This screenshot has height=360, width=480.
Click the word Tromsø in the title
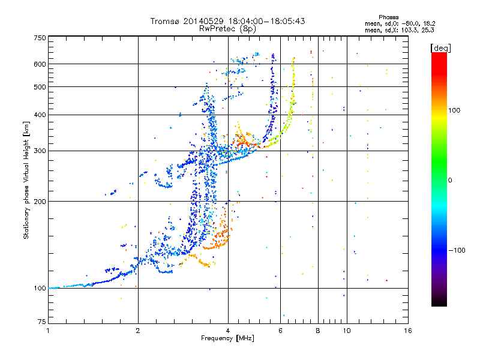(x=166, y=21)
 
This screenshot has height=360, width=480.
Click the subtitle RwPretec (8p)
(x=227, y=29)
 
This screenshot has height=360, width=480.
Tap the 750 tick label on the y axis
(x=40, y=38)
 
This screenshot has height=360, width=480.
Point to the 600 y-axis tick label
(x=40, y=64)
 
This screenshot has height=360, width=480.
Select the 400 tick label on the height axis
(x=40, y=115)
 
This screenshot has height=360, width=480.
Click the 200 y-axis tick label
(x=40, y=202)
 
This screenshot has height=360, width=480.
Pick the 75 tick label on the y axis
(x=42, y=322)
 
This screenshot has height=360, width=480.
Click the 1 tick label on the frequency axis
(x=48, y=331)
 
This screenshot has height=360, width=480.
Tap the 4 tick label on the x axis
(x=228, y=331)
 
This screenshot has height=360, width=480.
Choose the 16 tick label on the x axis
(x=408, y=331)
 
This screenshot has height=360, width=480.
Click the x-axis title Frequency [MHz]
(x=227, y=338)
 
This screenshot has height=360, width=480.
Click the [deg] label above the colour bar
(x=440, y=48)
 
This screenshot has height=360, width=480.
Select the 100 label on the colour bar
(x=454, y=110)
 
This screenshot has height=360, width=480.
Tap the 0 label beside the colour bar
(x=450, y=181)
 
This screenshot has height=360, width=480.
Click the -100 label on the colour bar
(x=457, y=250)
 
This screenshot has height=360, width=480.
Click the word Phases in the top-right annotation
(x=388, y=17)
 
